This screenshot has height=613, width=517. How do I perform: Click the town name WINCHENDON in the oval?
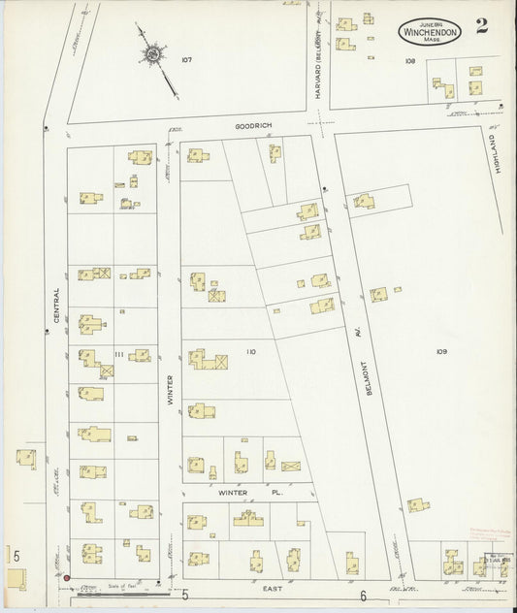click(429, 30)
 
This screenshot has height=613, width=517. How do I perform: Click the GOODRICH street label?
click(249, 126)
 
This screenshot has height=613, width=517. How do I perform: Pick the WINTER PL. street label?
click(239, 493)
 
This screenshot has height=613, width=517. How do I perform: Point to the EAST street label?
click(273, 588)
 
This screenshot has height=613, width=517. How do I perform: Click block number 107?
click(186, 60)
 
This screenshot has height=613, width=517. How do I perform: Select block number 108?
click(410, 60)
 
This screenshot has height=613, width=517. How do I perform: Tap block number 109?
click(441, 350)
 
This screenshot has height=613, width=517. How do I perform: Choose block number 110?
click(250, 352)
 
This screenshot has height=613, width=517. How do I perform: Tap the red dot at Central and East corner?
click(67, 580)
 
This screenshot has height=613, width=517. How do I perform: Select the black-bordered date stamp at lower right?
click(499, 560)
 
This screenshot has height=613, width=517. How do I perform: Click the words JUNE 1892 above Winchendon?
click(428, 18)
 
